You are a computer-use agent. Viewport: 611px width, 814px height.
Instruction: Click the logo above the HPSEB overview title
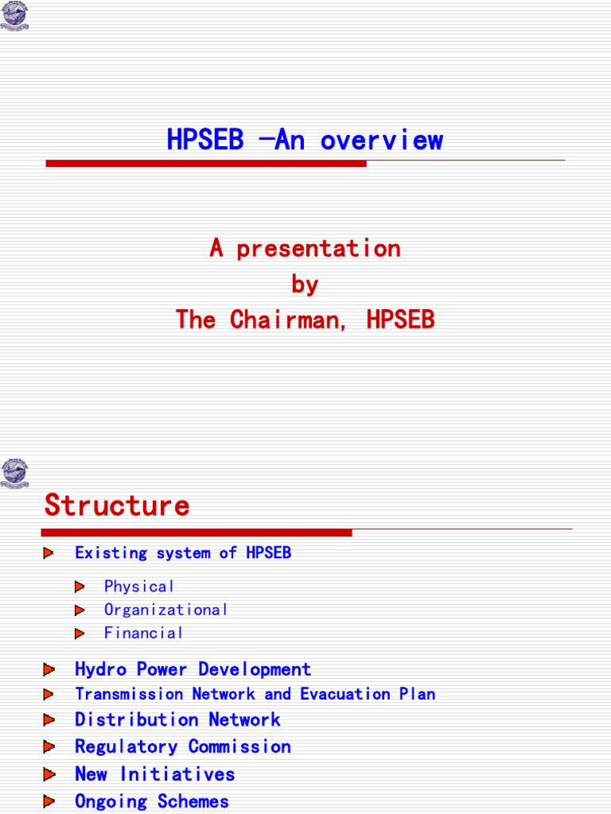point(14,16)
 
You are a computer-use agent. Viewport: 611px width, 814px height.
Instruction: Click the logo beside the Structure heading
point(14,472)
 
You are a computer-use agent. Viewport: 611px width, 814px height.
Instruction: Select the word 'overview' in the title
point(382,141)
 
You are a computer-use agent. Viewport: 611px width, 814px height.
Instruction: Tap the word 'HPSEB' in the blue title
point(204,141)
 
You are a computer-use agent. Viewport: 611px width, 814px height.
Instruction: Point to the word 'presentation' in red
point(318,249)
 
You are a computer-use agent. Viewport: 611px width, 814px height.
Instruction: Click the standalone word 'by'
point(305,285)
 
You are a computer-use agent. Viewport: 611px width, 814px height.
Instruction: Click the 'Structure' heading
point(117,506)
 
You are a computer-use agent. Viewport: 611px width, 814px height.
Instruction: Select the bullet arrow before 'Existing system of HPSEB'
point(49,552)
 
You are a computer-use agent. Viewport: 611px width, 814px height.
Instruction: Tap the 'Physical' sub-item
point(139,587)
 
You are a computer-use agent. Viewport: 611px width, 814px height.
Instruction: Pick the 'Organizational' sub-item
point(166,610)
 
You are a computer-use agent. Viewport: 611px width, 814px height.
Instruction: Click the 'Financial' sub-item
point(144,634)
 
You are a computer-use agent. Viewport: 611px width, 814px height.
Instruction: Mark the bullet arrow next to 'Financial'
point(80,634)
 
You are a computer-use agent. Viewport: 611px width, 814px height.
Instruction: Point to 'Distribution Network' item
point(177,720)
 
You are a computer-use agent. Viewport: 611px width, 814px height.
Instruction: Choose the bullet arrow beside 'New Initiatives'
point(49,773)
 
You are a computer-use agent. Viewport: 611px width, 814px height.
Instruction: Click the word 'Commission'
point(239,747)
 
